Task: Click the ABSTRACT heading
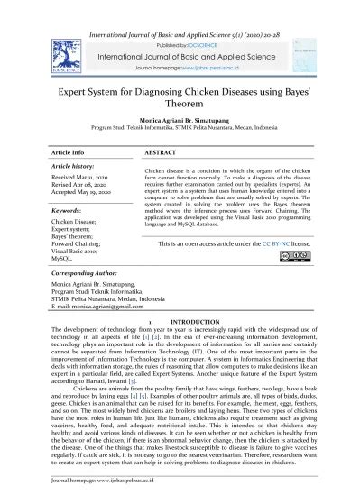[x=160, y=154]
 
